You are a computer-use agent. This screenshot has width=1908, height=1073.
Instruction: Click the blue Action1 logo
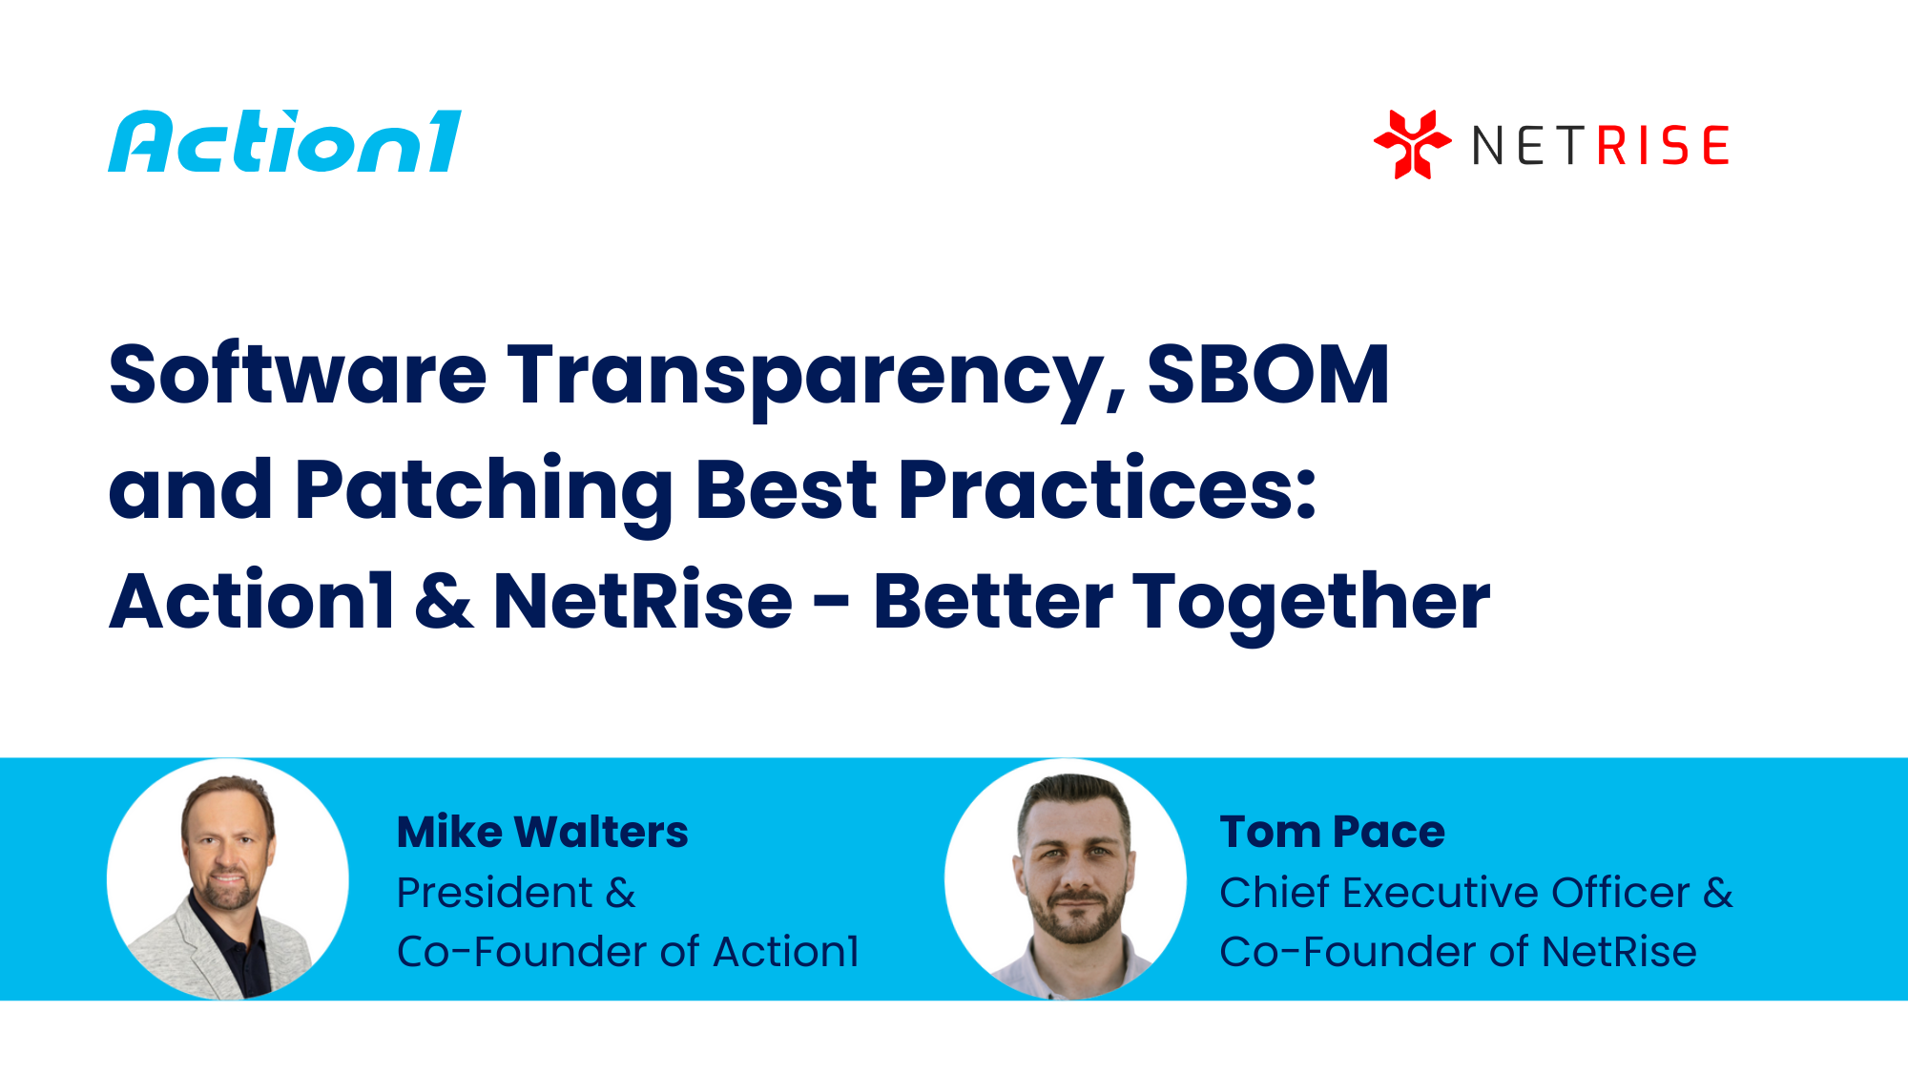[x=284, y=142]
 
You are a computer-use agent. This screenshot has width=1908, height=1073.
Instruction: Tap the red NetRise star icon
[x=1412, y=144]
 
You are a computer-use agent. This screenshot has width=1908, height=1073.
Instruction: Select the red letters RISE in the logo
[x=1663, y=146]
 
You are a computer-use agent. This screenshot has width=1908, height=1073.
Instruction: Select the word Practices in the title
[x=1107, y=489]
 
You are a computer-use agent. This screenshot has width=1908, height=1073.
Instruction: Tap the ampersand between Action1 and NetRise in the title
[x=445, y=602]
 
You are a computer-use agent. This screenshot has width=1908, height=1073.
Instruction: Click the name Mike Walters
[x=542, y=832]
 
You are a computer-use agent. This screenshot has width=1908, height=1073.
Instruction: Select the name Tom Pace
[x=1332, y=832]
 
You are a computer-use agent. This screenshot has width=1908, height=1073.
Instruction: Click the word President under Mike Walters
[x=495, y=893]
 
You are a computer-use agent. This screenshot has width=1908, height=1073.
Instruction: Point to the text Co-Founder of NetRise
[x=1458, y=952]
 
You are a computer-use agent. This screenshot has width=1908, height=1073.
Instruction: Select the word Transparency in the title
[x=817, y=376]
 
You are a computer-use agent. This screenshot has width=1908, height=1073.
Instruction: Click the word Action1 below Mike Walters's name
[x=785, y=952]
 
